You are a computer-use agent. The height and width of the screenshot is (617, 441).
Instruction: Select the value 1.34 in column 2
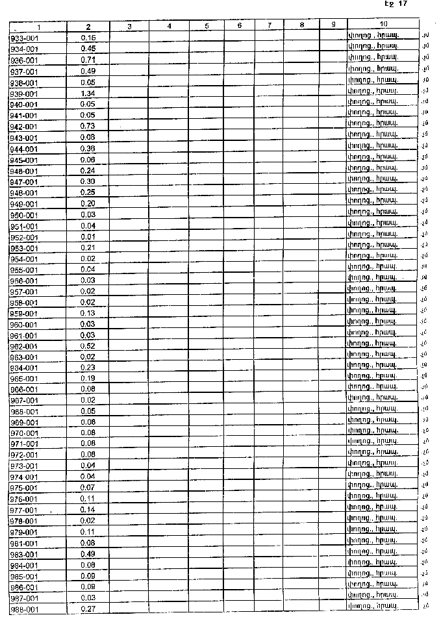coord(88,94)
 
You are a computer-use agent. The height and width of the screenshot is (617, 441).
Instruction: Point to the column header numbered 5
coord(207,26)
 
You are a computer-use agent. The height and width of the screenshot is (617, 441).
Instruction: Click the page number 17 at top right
coord(403,4)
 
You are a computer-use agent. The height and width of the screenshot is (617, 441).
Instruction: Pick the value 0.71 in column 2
coord(88,60)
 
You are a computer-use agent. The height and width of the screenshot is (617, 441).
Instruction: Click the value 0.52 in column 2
coord(88,346)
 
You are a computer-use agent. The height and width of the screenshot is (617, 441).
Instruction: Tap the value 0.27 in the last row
coord(88,609)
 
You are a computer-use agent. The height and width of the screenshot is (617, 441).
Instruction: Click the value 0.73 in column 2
coord(88,126)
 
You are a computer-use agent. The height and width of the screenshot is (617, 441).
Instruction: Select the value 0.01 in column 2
coord(88,236)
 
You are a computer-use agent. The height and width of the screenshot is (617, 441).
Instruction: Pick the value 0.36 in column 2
coord(88,148)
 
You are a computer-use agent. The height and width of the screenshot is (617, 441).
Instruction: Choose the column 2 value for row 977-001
coord(88,510)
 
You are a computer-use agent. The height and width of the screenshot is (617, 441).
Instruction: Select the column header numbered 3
coord(129,26)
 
